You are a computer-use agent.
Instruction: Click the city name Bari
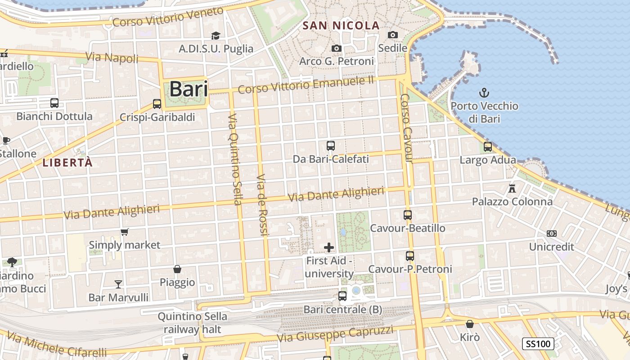click(x=189, y=89)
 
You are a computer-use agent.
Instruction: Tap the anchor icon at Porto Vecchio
click(x=484, y=93)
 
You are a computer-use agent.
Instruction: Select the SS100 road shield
click(x=538, y=344)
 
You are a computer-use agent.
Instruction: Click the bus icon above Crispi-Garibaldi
click(x=157, y=104)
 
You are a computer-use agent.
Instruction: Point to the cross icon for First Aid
click(x=329, y=247)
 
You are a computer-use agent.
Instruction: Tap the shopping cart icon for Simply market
click(x=124, y=232)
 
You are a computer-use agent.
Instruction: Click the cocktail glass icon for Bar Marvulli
click(x=118, y=284)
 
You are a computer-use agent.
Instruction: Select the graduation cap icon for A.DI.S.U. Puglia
click(x=216, y=36)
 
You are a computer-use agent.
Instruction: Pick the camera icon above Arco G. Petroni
click(x=336, y=48)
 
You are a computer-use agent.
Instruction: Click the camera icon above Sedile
click(x=393, y=35)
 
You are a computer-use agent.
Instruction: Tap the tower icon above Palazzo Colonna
click(x=512, y=188)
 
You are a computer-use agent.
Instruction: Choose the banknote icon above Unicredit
click(x=552, y=234)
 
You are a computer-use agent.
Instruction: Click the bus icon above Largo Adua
click(x=488, y=146)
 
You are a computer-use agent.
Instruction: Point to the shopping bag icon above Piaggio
click(x=177, y=269)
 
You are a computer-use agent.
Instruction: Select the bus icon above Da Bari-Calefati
click(x=331, y=146)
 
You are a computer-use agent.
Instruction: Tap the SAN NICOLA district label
click(x=341, y=26)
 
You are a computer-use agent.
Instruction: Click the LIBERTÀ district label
click(x=67, y=163)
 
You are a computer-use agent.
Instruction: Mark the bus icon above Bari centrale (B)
click(x=342, y=296)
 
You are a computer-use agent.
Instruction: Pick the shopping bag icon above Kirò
click(x=470, y=324)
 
